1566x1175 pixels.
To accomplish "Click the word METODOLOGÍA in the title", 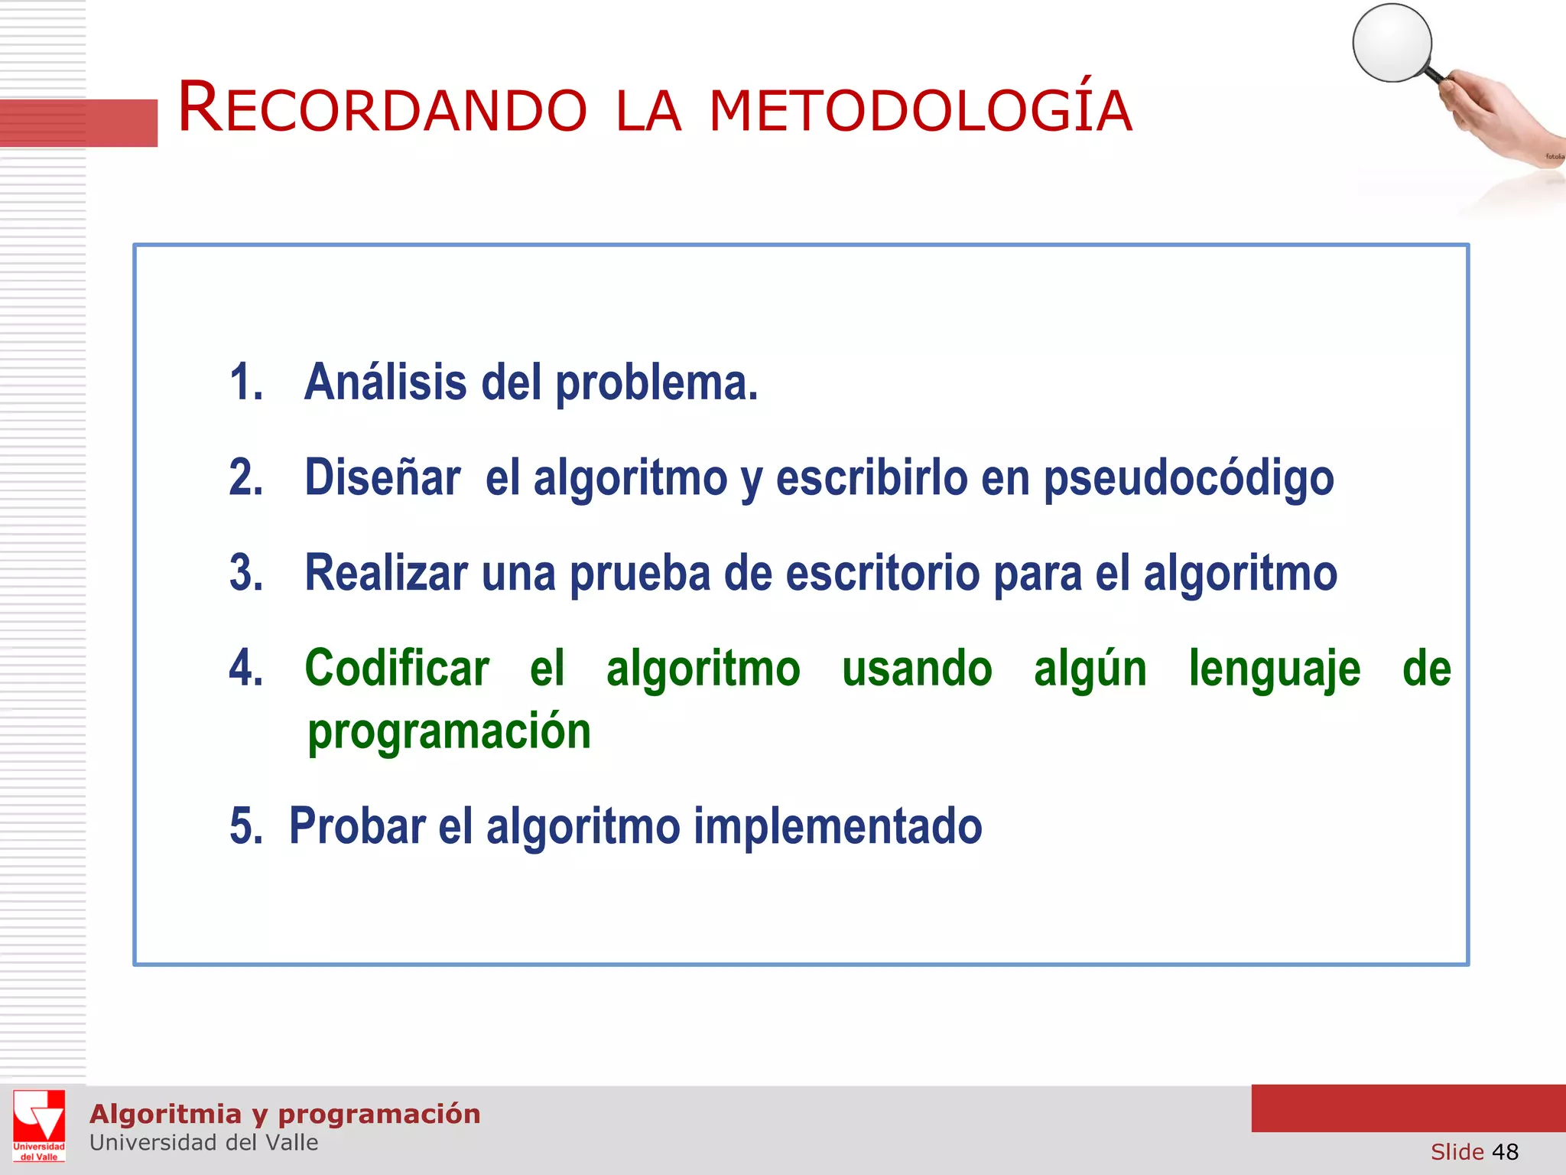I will tap(921, 112).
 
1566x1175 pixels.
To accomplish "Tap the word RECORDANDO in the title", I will tap(382, 109).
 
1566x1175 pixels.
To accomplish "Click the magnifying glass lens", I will tap(1392, 42).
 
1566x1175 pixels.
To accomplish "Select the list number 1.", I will tap(245, 382).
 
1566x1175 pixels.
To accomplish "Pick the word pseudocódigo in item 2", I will tap(1188, 479).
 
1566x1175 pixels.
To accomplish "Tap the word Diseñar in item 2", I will tap(382, 477).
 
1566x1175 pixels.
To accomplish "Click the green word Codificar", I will tap(397, 668).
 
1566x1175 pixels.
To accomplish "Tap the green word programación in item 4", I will tap(449, 732).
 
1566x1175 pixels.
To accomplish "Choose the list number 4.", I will tap(245, 668).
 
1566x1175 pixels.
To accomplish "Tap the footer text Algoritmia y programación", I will tap(284, 1114).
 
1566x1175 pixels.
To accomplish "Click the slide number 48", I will tap(1505, 1151).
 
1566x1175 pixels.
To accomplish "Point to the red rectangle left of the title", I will tap(79, 122).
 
